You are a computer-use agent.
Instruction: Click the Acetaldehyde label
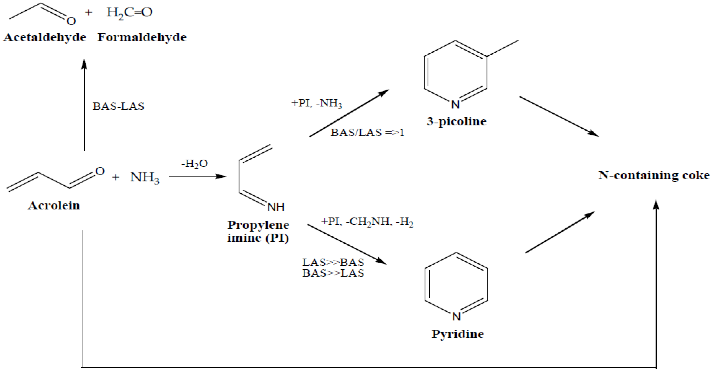click(x=45, y=37)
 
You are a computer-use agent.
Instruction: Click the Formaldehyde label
click(x=142, y=37)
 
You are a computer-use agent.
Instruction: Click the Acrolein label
click(x=54, y=205)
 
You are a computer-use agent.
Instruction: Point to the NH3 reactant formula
click(x=145, y=177)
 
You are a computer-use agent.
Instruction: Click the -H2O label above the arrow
click(x=195, y=164)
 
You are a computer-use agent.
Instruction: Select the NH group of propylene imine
click(x=276, y=207)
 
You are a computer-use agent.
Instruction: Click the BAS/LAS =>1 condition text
click(x=367, y=133)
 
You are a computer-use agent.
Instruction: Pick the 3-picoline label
click(x=456, y=121)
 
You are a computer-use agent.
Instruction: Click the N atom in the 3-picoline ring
click(x=455, y=105)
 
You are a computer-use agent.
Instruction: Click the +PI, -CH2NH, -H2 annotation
click(x=367, y=222)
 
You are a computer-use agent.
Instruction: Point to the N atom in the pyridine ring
click(x=456, y=316)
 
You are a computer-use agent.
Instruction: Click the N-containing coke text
click(x=653, y=175)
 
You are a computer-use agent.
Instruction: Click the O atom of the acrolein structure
click(x=100, y=171)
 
